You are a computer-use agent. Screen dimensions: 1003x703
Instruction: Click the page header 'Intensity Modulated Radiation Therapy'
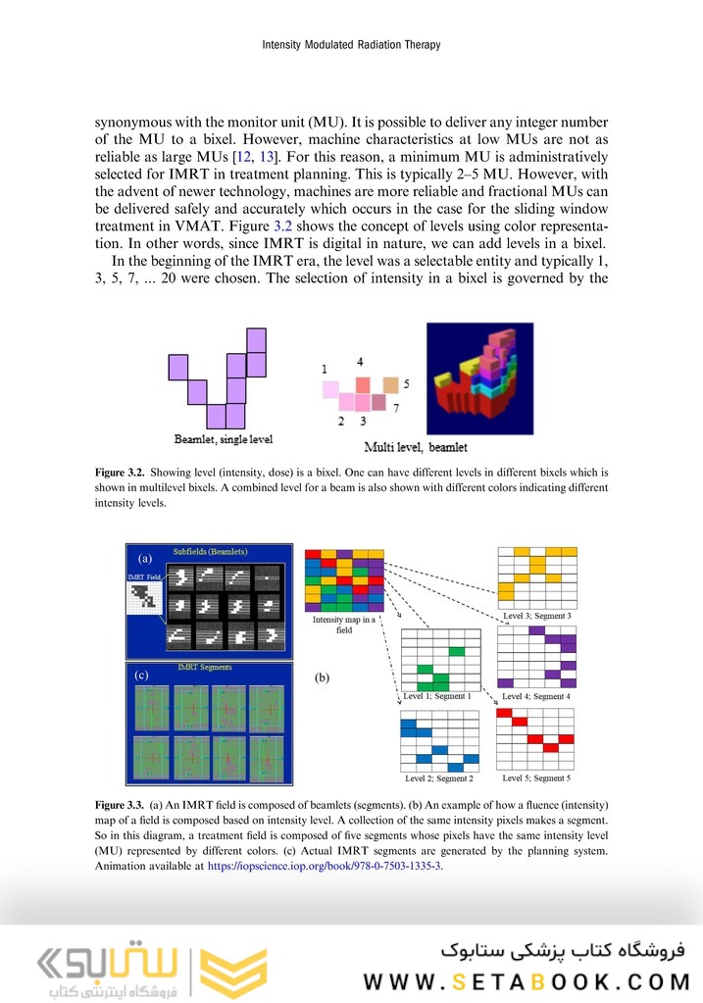[351, 45]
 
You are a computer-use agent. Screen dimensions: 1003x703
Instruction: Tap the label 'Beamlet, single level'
[224, 438]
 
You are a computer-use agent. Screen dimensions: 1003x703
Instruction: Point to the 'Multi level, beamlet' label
[416, 447]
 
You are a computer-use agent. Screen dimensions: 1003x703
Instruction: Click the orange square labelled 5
[391, 384]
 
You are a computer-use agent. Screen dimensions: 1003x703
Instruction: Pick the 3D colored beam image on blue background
[479, 379]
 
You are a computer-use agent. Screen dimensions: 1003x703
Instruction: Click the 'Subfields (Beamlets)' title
[210, 552]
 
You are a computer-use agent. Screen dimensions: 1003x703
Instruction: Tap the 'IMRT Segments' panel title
[205, 667]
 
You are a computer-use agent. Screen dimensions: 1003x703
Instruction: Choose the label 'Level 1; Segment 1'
[438, 697]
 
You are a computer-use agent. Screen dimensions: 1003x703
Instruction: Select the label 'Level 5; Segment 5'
[535, 777]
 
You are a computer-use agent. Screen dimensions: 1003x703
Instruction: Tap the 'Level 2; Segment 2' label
[438, 778]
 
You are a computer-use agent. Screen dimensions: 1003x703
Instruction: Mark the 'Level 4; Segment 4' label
[535, 696]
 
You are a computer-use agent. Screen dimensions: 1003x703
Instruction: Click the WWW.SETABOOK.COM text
[527, 981]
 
